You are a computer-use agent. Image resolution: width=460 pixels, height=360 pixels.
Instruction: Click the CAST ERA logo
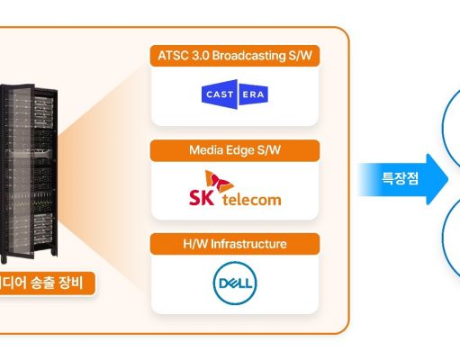click(235, 94)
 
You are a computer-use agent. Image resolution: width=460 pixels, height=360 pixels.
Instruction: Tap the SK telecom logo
click(235, 188)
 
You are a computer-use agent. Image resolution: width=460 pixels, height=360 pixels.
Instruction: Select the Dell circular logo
click(235, 283)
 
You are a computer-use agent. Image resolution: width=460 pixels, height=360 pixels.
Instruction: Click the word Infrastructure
click(248, 244)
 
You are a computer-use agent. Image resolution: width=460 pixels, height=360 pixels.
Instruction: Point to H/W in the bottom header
click(195, 244)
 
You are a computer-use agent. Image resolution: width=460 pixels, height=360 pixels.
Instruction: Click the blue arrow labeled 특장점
click(403, 179)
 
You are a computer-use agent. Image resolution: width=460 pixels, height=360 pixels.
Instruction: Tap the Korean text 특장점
click(400, 178)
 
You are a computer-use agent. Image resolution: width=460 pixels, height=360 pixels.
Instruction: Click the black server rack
click(29, 174)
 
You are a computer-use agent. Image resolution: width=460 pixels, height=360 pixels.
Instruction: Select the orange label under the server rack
click(48, 283)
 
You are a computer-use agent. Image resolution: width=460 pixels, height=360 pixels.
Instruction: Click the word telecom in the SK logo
click(252, 200)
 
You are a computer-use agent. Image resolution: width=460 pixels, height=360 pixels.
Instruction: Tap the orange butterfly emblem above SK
click(219, 181)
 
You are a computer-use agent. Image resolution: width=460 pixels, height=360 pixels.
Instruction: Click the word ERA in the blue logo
click(253, 94)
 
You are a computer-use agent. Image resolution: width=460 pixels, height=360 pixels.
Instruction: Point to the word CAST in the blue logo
click(220, 94)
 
